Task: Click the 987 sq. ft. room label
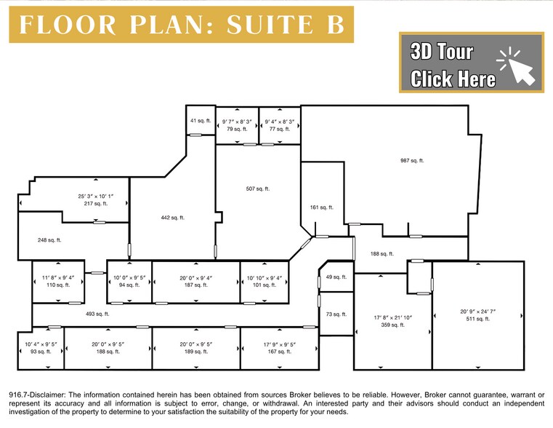pyautogui.click(x=411, y=161)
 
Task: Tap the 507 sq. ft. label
pyautogui.click(x=257, y=189)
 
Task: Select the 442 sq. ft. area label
pyautogui.click(x=172, y=217)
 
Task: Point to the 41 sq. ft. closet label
pyautogui.click(x=199, y=120)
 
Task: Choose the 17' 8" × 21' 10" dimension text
pyautogui.click(x=392, y=317)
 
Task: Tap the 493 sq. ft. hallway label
pyautogui.click(x=97, y=314)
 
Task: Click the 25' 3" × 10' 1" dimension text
pyautogui.click(x=95, y=197)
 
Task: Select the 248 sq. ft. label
pyautogui.click(x=49, y=239)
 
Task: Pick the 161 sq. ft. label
pyautogui.click(x=321, y=207)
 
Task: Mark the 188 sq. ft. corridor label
pyautogui.click(x=382, y=254)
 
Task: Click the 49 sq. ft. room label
pyautogui.click(x=336, y=277)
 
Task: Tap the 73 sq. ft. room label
pyautogui.click(x=336, y=314)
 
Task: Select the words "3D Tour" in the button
pyautogui.click(x=442, y=52)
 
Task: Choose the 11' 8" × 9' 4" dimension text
pyautogui.click(x=57, y=277)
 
